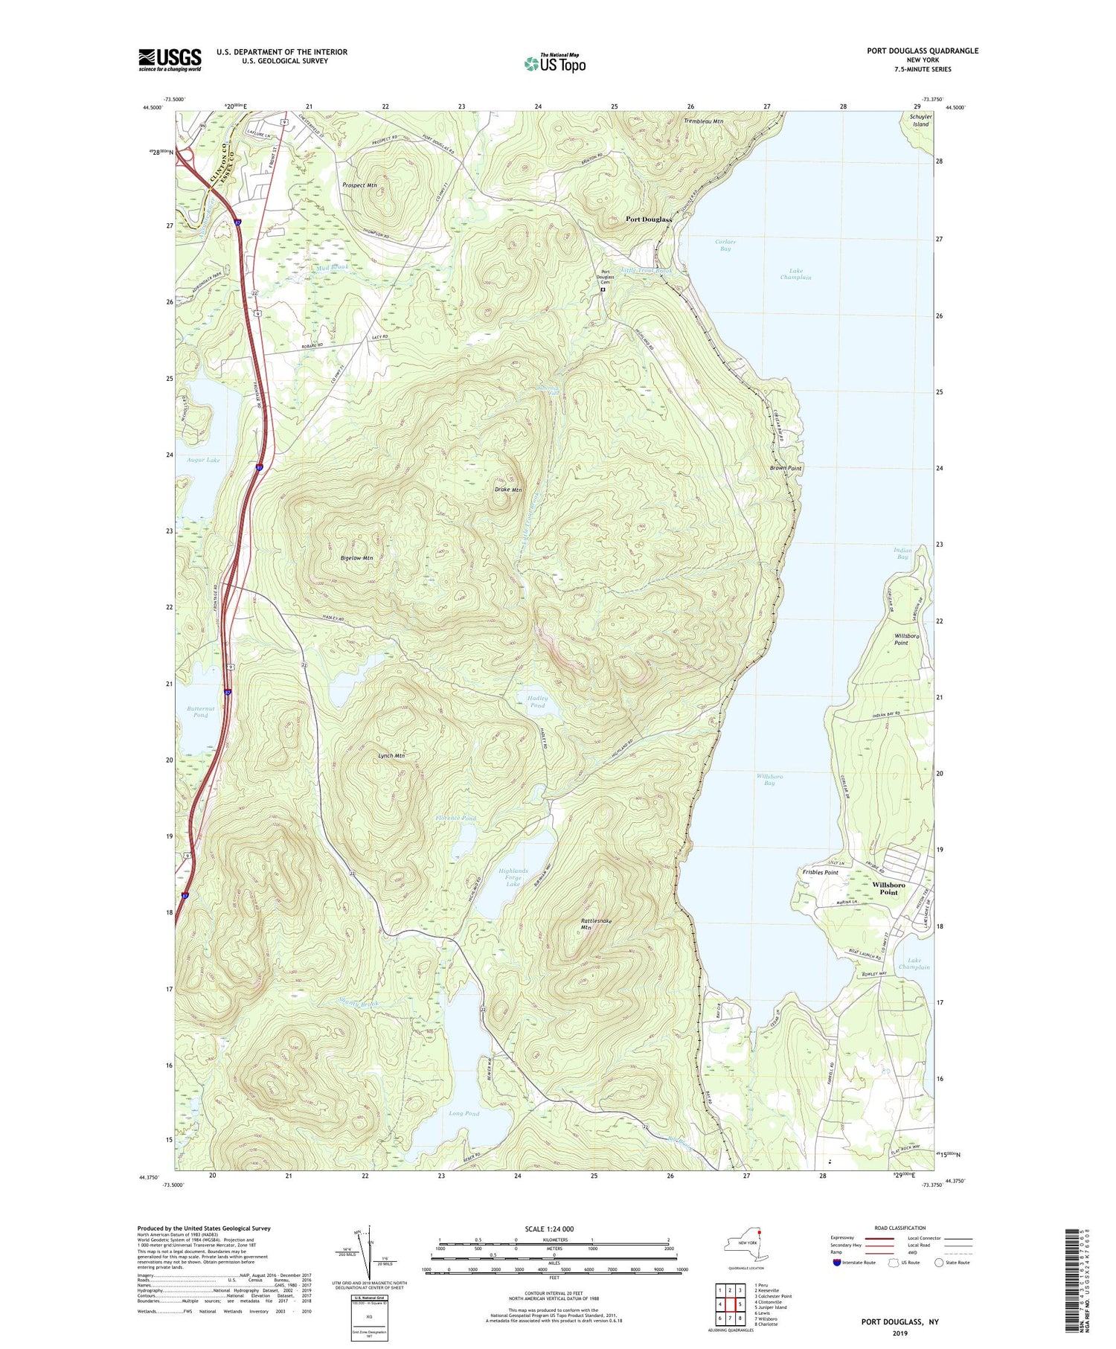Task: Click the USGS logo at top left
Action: [170, 60]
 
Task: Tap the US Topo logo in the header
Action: [555, 63]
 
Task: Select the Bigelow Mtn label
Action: [356, 557]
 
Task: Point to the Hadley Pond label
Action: [537, 702]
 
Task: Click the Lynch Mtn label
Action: [391, 755]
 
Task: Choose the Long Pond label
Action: [464, 1113]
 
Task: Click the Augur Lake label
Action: [203, 461]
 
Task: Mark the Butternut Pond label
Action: [201, 711]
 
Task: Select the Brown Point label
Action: [786, 468]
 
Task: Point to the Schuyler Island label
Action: [920, 121]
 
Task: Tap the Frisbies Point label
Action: [820, 872]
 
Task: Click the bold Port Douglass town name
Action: [648, 220]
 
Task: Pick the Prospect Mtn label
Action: [359, 185]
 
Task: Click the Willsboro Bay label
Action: [769, 779]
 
